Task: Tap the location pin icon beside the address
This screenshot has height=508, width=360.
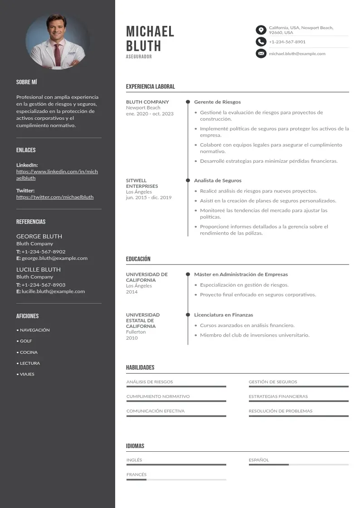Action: (261, 30)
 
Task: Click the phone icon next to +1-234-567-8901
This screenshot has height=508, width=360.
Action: (261, 42)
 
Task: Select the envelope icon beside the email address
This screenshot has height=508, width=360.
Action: (261, 54)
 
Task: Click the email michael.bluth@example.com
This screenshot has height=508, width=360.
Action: (297, 54)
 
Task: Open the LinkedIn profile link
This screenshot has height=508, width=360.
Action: (57, 175)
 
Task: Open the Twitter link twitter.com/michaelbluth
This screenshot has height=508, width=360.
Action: (55, 197)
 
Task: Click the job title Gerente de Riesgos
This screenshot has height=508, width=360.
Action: (217, 102)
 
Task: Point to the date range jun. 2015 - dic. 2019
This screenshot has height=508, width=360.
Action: (149, 198)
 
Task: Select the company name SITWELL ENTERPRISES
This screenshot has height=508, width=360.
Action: (141, 183)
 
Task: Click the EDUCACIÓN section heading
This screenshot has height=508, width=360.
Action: (138, 259)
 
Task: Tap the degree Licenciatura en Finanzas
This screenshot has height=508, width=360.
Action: (224, 315)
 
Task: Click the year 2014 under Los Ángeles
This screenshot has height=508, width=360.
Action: (131, 292)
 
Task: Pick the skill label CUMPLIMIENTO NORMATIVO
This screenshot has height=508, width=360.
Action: (158, 396)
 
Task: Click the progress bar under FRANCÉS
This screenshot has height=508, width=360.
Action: (176, 479)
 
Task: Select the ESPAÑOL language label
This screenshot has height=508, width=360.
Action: (258, 460)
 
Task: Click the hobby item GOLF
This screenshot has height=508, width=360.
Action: (26, 341)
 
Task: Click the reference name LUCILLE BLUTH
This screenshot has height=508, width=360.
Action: (39, 269)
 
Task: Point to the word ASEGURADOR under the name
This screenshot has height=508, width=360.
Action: (139, 57)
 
